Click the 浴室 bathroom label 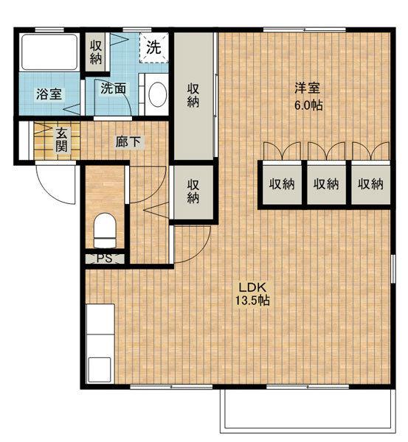[x=49, y=94]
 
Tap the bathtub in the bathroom [x=49, y=52]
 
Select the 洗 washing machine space [x=154, y=48]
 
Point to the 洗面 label [x=113, y=88]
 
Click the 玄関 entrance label [x=61, y=139]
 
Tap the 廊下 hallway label [x=128, y=141]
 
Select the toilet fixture [x=105, y=231]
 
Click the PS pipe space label [x=105, y=259]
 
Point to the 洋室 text [x=308, y=88]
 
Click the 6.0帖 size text [x=308, y=105]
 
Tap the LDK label [x=253, y=288]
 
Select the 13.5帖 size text [x=252, y=301]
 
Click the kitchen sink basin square [x=100, y=369]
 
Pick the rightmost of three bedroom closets [x=370, y=184]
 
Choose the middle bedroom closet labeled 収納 [x=326, y=184]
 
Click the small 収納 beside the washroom [x=96, y=52]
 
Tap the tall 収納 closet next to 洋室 [x=193, y=96]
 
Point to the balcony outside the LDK [x=308, y=412]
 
